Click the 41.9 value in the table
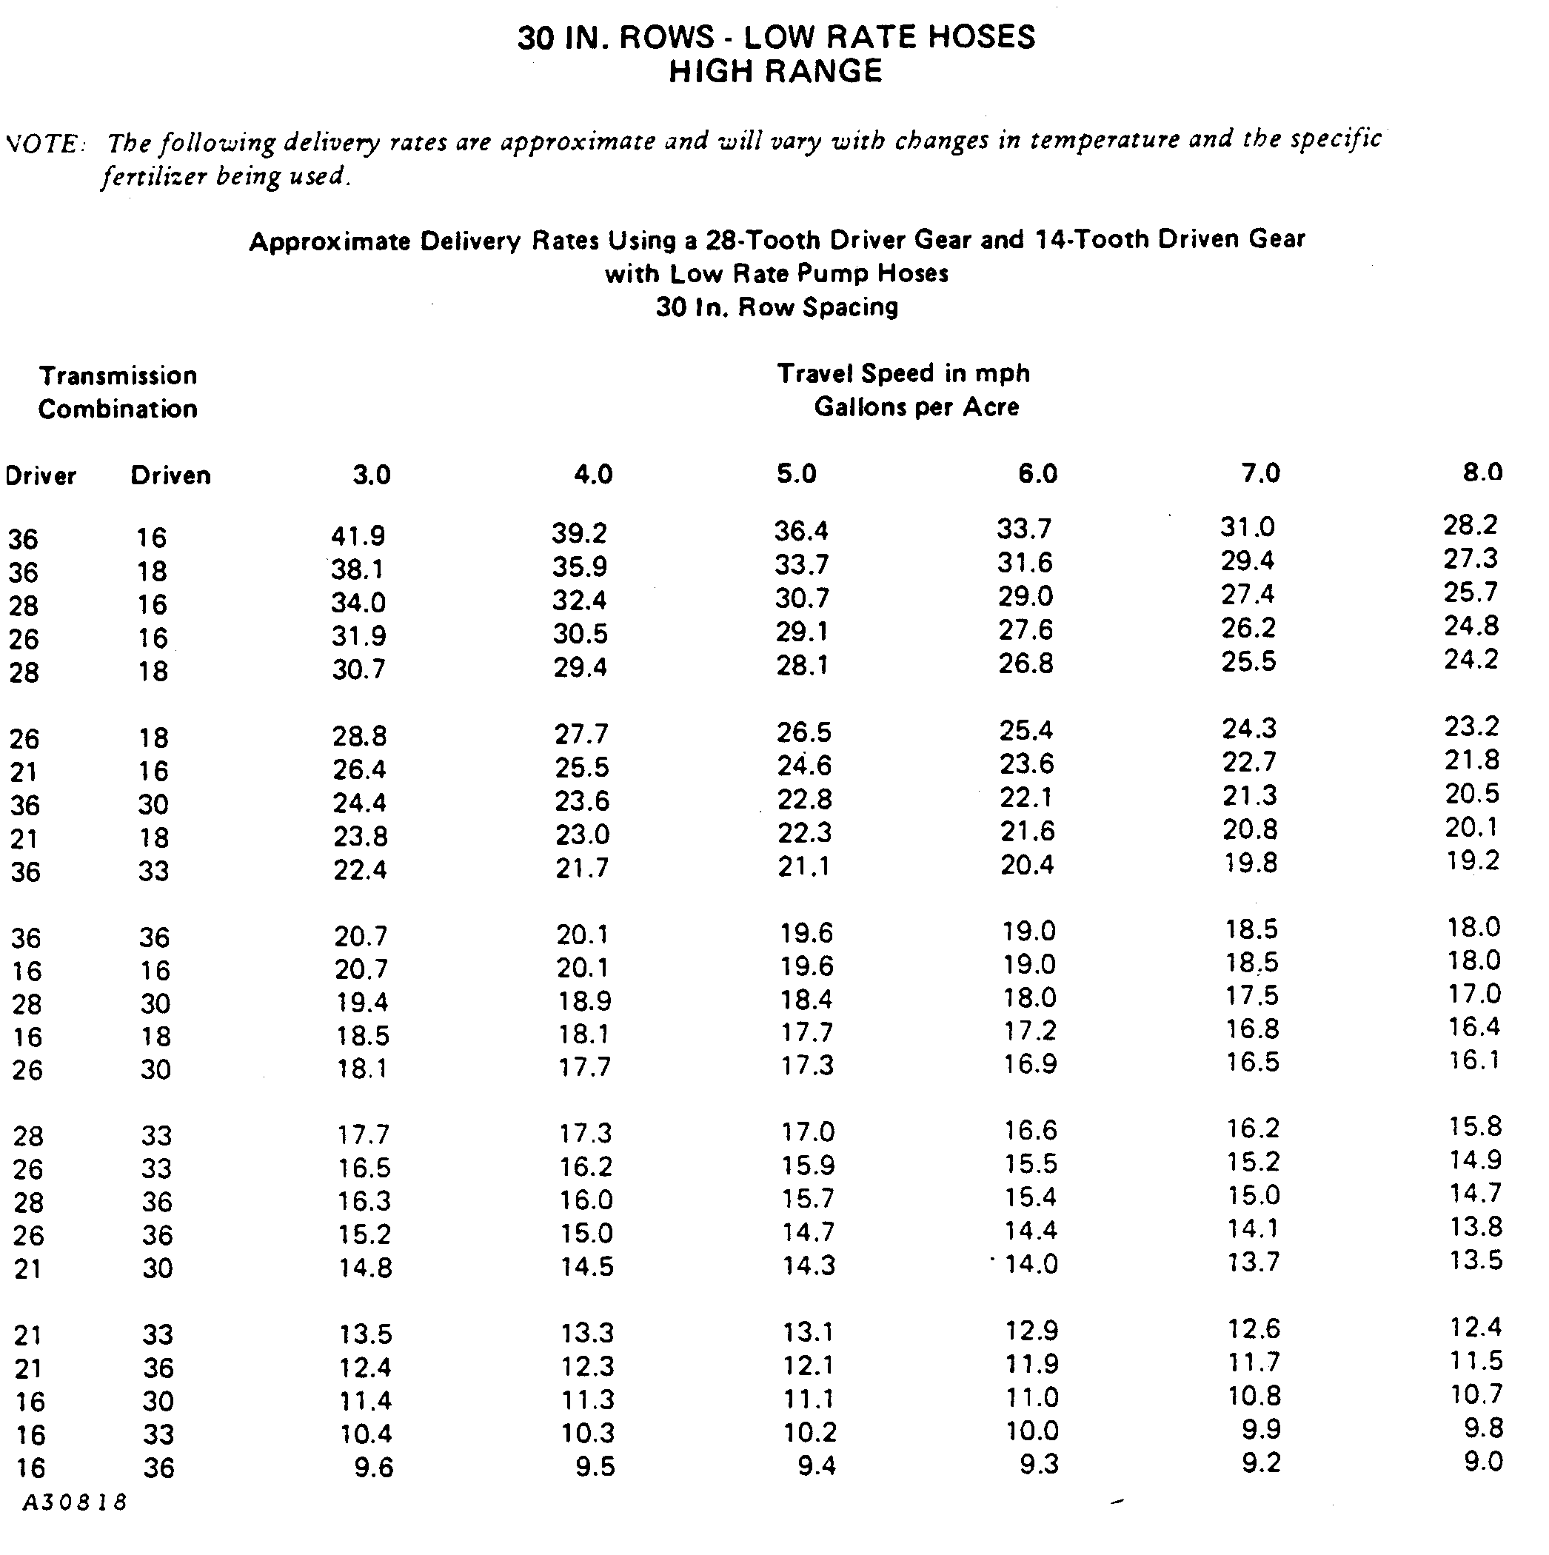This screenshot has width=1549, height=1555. (358, 536)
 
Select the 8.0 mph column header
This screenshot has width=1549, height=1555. (1482, 472)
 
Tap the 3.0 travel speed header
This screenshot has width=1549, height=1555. (372, 475)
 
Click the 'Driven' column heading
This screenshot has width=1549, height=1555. (170, 475)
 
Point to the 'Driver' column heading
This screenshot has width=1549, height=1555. (40, 476)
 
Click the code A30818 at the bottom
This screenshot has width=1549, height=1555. (75, 1502)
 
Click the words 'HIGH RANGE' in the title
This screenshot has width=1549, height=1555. (776, 72)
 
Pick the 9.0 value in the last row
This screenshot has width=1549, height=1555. (1483, 1461)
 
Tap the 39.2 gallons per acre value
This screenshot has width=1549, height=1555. (579, 534)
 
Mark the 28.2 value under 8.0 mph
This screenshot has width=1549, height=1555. (1470, 525)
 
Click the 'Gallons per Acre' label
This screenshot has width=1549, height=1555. (917, 407)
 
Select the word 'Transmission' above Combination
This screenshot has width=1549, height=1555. (118, 376)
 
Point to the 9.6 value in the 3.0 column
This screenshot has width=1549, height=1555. (374, 1468)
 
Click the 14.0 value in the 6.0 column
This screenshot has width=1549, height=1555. (1031, 1264)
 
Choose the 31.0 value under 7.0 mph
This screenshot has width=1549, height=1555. (1247, 527)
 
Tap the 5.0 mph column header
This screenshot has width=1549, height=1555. (797, 473)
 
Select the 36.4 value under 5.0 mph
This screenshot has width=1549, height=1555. (801, 531)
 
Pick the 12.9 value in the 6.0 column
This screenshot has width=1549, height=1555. (1031, 1331)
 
